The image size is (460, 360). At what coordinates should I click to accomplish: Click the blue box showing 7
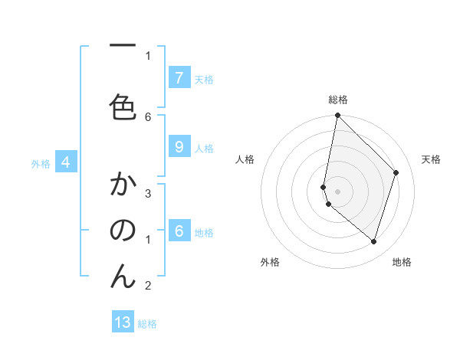(179, 78)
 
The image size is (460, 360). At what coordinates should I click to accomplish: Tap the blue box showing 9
(179, 147)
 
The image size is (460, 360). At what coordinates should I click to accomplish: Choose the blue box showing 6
(179, 231)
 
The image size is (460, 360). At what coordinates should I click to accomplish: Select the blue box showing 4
(66, 162)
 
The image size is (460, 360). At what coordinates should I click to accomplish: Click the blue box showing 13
(123, 322)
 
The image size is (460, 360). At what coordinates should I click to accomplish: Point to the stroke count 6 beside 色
(148, 116)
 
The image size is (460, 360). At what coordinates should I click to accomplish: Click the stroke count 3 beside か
(148, 194)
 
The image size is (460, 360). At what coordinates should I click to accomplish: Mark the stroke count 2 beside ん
(148, 286)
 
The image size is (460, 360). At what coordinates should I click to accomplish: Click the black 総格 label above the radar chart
(338, 100)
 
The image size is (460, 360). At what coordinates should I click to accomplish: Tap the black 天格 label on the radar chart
(431, 159)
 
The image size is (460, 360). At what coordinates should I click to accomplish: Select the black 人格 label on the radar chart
(245, 159)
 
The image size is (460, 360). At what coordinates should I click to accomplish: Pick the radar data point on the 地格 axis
(373, 241)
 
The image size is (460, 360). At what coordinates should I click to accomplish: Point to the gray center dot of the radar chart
(338, 191)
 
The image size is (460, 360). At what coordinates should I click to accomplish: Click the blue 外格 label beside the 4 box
(41, 163)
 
